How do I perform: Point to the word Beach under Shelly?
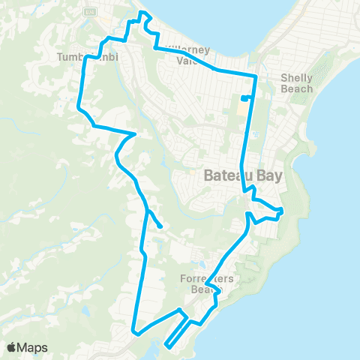click(x=296, y=88)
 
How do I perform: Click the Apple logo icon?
click(x=13, y=347)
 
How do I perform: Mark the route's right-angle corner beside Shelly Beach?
click(x=256, y=76)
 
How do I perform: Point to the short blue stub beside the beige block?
click(x=244, y=98)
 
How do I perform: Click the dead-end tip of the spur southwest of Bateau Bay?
click(x=161, y=225)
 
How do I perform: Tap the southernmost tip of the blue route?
click(x=164, y=346)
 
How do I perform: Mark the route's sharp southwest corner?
click(x=133, y=331)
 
